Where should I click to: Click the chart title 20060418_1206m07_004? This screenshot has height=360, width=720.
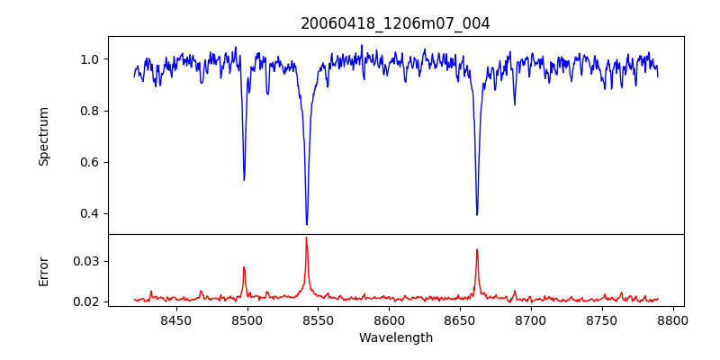pyautogui.click(x=395, y=23)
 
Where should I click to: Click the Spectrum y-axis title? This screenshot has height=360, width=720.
pyautogui.click(x=44, y=136)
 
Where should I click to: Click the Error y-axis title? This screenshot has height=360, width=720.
pyautogui.click(x=44, y=270)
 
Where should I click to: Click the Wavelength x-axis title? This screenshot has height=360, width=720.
pyautogui.click(x=395, y=338)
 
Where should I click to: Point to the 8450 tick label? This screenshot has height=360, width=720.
pyautogui.click(x=176, y=320)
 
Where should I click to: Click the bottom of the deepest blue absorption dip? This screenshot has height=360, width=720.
pyautogui.click(x=307, y=224)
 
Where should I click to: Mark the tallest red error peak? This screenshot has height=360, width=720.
pyautogui.click(x=306, y=238)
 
